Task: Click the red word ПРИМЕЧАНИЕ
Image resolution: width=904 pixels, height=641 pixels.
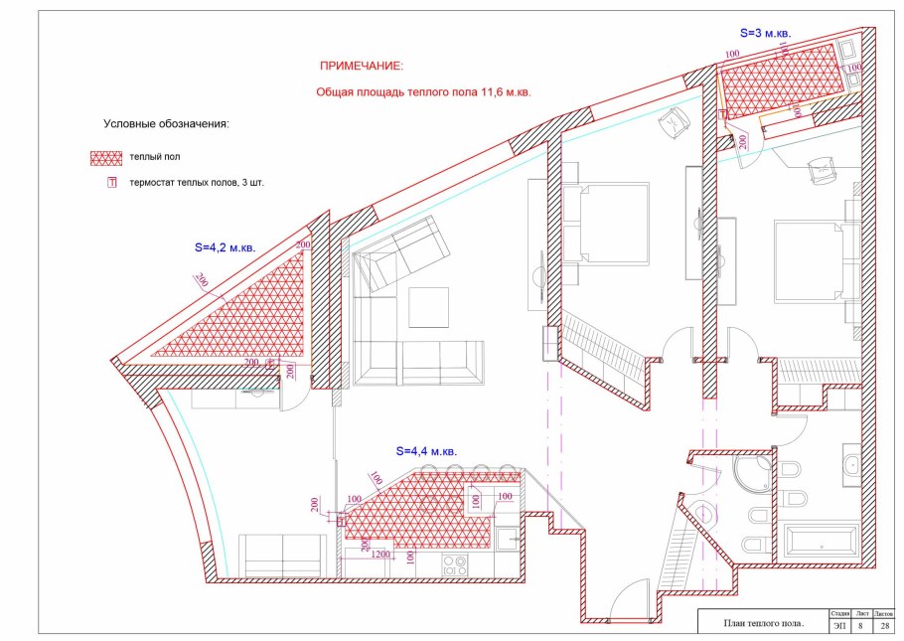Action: pyautogui.click(x=362, y=67)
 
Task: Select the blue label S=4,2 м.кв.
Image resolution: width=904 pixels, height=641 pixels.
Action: pyautogui.click(x=225, y=248)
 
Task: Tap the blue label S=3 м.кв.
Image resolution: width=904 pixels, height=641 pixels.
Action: pyautogui.click(x=765, y=34)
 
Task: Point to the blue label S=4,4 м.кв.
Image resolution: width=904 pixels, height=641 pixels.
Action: pyautogui.click(x=426, y=451)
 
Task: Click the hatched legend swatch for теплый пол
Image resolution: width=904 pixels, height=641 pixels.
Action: pyautogui.click(x=106, y=158)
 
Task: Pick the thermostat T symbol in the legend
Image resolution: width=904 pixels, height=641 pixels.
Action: pyautogui.click(x=112, y=182)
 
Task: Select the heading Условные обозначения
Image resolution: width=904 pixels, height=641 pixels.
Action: pyautogui.click(x=166, y=124)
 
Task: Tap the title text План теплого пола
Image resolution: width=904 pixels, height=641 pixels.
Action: pyautogui.click(x=763, y=623)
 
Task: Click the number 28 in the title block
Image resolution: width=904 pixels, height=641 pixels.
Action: pyautogui.click(x=885, y=625)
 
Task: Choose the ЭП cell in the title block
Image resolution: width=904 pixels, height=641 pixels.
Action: pyautogui.click(x=838, y=625)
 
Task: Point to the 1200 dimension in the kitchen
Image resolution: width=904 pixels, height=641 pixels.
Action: pyautogui.click(x=379, y=555)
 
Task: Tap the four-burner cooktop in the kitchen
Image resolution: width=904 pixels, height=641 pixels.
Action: pyautogui.click(x=454, y=564)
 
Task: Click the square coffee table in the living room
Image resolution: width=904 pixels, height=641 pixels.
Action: pyautogui.click(x=428, y=307)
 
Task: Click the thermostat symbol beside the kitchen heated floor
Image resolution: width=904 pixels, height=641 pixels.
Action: pyautogui.click(x=341, y=521)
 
